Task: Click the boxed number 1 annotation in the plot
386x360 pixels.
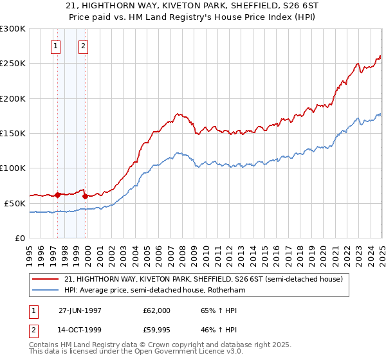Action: (x=57, y=46)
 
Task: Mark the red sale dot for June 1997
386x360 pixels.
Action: (x=58, y=195)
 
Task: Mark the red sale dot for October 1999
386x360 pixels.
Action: (x=85, y=196)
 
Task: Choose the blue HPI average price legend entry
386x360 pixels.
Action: (x=154, y=291)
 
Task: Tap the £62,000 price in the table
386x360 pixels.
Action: (x=157, y=310)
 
